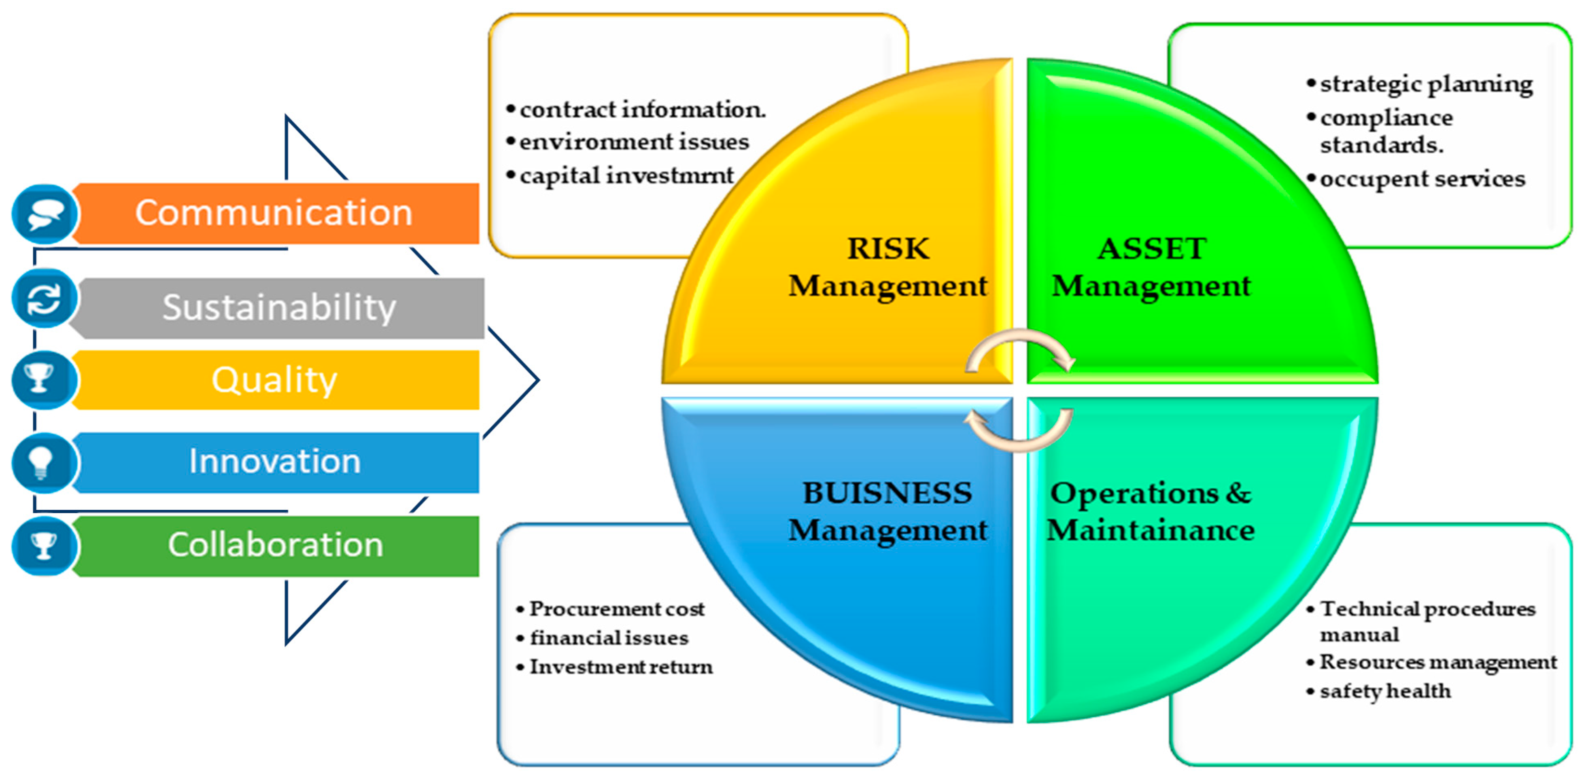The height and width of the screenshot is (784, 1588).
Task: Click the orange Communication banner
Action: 274,213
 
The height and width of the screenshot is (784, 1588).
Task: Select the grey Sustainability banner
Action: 279,307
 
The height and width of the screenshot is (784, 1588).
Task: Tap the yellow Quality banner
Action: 274,380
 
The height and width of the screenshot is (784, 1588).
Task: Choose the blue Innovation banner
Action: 274,462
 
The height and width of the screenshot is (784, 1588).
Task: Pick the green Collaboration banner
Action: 276,545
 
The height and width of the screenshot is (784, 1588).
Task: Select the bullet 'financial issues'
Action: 609,638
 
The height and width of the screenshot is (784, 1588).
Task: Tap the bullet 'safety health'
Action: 1385,691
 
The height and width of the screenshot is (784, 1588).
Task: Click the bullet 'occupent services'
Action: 1422,179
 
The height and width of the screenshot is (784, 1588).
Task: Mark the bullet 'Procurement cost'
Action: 616,609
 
